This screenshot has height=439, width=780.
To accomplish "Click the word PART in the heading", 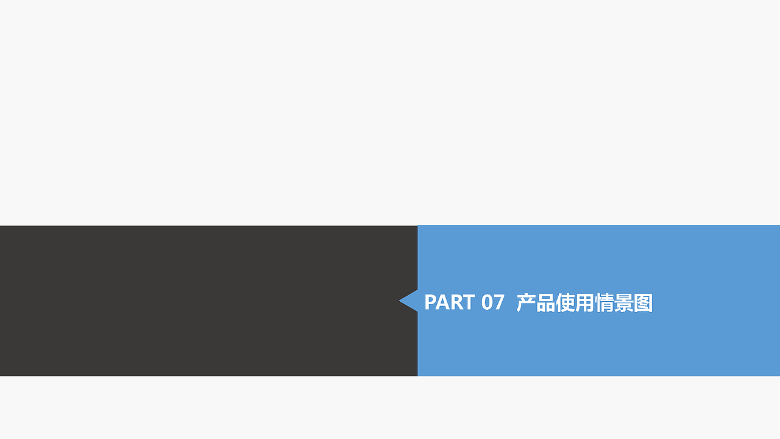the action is tap(449, 302).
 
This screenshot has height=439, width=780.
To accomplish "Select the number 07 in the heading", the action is tap(492, 302).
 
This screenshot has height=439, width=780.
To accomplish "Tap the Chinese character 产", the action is tap(526, 303).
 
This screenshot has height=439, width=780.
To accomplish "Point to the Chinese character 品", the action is tap(545, 303).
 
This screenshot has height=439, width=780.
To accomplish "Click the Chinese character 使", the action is tap(565, 303).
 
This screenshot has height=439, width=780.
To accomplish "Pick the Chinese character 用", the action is tap(584, 303).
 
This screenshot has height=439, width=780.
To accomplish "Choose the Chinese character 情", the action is tap(604, 303).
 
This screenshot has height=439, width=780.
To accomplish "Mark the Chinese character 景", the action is tap(623, 303).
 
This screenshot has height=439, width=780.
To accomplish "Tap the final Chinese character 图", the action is tap(643, 303).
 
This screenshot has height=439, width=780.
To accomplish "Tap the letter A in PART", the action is tap(443, 302).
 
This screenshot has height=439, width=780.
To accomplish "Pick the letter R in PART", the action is tap(456, 302).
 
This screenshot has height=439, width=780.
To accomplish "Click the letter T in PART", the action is tap(468, 302).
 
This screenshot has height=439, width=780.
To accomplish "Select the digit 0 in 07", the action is tap(487, 302).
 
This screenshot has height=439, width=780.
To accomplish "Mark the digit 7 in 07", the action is tap(499, 302).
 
